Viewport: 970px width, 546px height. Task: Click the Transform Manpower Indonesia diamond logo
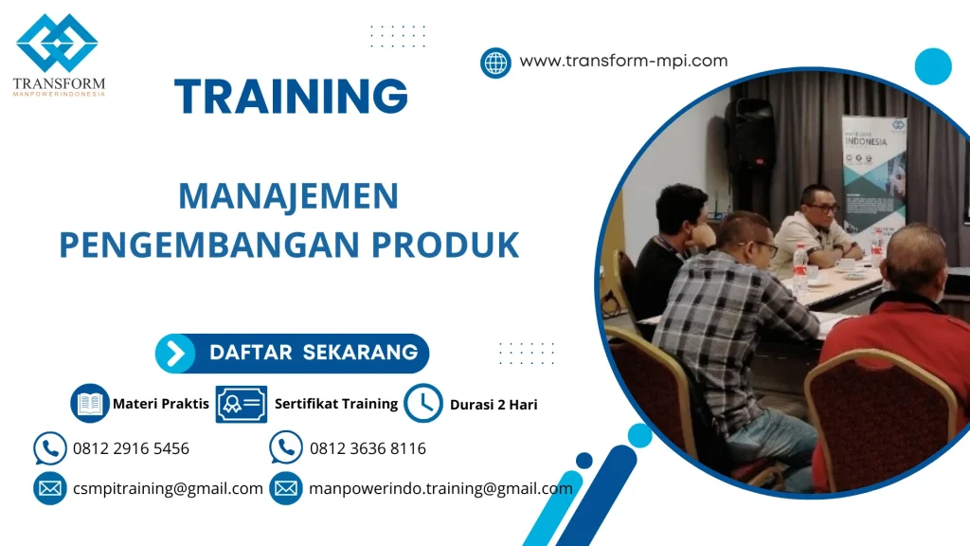click(57, 44)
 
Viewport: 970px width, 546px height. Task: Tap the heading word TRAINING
click(292, 96)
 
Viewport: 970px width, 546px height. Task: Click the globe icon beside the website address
click(495, 63)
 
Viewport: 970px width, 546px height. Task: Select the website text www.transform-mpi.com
click(623, 61)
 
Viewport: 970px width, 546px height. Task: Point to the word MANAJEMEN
click(288, 196)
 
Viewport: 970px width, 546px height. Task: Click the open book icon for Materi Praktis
click(90, 404)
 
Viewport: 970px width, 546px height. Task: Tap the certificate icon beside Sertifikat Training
click(241, 404)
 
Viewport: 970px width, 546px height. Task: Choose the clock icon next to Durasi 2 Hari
click(422, 404)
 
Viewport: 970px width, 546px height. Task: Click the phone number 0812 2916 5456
click(131, 448)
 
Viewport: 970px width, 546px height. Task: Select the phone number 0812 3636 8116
click(368, 448)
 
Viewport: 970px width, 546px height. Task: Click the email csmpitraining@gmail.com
click(168, 489)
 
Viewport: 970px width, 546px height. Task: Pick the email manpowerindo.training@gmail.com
click(440, 489)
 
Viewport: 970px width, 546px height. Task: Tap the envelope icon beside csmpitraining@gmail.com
click(49, 488)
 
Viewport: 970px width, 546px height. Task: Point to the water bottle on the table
click(800, 269)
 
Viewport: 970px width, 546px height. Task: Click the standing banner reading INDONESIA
click(873, 175)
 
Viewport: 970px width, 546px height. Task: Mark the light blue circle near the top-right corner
click(933, 66)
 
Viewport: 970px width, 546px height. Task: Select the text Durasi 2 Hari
click(494, 405)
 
